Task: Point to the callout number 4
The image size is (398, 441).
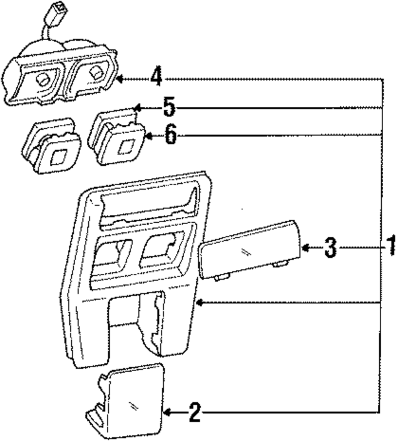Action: [x=156, y=77]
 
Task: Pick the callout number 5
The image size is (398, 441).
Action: [x=169, y=108]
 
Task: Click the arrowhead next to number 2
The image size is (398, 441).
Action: [x=167, y=413]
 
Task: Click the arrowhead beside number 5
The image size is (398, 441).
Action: [x=137, y=108]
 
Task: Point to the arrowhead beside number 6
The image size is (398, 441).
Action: [x=148, y=136]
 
